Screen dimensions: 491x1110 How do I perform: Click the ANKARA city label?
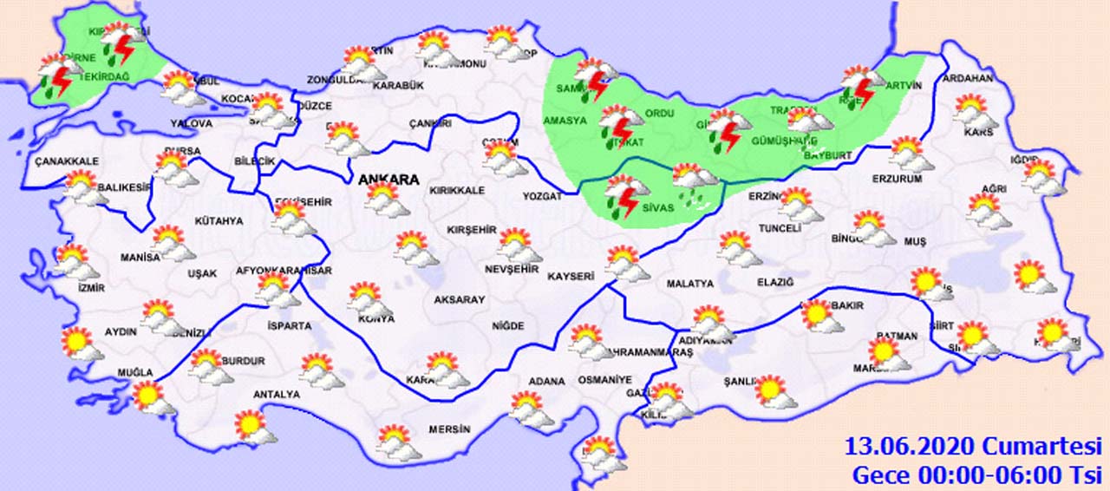point(388,180)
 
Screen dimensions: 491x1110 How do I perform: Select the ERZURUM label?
point(897,179)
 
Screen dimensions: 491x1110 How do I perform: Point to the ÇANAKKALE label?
point(67,161)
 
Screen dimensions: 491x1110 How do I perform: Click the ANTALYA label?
point(276,395)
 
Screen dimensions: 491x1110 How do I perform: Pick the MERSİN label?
point(449,429)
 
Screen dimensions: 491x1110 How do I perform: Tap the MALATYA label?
point(690,284)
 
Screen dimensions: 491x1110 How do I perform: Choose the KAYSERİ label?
point(571,276)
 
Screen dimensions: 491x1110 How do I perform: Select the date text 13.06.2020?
point(911,448)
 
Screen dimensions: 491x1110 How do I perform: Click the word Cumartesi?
point(1041,448)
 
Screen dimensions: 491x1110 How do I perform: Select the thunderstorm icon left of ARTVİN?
point(861,86)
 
